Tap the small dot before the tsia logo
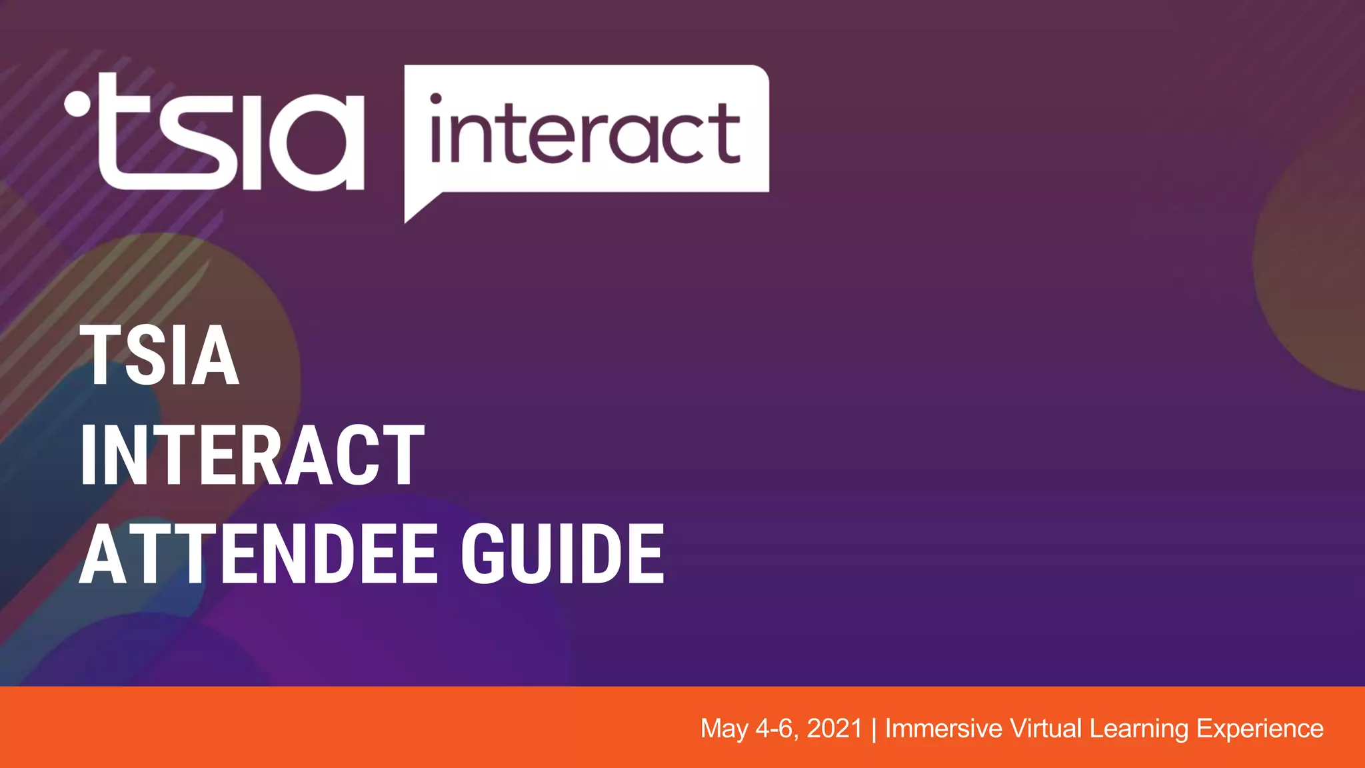pos(77,104)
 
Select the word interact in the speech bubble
pos(585,133)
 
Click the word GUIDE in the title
pos(563,555)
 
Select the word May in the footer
pos(724,729)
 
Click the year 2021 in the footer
pos(834,729)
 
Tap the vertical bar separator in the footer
pos(874,729)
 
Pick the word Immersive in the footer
pos(943,729)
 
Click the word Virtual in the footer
pos(1046,729)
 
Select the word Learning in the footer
pos(1139,729)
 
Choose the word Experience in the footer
pos(1260,729)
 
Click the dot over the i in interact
pos(436,99)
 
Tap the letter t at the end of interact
pos(726,133)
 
